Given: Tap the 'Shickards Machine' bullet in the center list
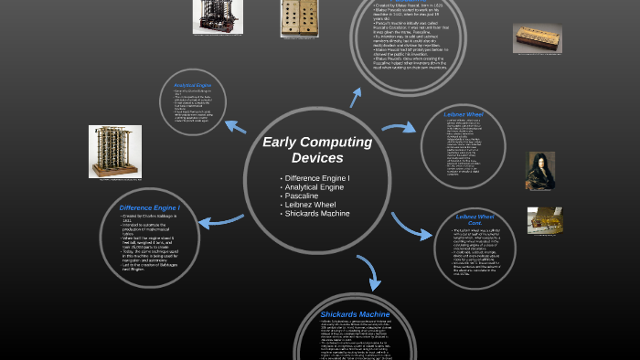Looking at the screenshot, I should (x=316, y=213).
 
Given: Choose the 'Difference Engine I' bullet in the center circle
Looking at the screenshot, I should (x=317, y=176).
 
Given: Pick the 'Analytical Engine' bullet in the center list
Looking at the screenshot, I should (x=314, y=185).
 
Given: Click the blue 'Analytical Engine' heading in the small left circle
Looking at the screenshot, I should (x=192, y=86).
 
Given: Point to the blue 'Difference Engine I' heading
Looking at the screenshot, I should (x=149, y=207).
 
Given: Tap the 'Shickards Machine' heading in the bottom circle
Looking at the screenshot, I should (x=355, y=313).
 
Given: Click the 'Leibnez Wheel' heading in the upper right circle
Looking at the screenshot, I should (x=464, y=114).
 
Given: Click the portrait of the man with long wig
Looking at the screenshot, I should (x=540, y=170).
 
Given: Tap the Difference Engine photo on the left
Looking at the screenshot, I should (x=114, y=151).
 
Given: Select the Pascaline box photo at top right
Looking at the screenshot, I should (x=537, y=37).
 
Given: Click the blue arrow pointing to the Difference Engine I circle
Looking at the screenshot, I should (x=217, y=221).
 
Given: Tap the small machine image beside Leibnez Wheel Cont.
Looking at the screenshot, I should (x=544, y=219).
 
